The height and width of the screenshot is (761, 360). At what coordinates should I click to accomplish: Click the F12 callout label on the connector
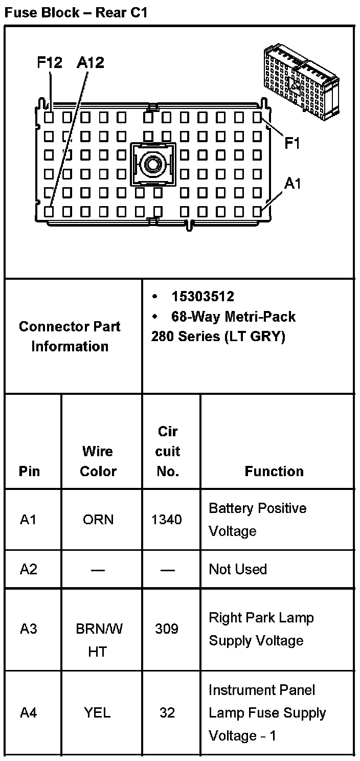pos(50,63)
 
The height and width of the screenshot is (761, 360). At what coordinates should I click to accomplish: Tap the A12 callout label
pos(90,63)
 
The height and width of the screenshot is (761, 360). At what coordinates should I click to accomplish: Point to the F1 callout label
pos(292,144)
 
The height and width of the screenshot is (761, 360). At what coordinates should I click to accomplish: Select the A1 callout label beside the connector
pos(293,184)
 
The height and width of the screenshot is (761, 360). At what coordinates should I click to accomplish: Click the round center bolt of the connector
pos(152,164)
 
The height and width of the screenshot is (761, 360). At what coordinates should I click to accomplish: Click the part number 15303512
pos(203,297)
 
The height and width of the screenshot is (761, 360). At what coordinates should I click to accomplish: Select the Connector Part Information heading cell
pos(70,336)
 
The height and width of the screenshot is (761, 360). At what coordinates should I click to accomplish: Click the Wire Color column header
pos(98,461)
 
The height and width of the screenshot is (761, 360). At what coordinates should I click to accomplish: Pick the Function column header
pos(274,471)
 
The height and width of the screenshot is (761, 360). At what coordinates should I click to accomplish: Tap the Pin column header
pos(29,471)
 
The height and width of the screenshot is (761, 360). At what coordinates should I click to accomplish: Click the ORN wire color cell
pos(98,520)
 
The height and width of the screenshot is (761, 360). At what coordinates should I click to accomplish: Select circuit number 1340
pos(167,520)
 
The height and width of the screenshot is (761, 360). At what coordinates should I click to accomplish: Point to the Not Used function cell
pos(238,569)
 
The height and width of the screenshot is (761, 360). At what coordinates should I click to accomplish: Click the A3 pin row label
pos(29,629)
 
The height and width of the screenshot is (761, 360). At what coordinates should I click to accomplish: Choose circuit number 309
pos(167,629)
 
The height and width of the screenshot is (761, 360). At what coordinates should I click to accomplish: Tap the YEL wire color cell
pos(98,712)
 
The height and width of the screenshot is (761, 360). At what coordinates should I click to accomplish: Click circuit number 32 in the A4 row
pos(167,712)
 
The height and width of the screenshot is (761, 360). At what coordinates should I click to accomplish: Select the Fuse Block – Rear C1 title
pos(76,13)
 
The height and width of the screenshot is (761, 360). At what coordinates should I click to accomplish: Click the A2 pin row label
pos(29,569)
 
